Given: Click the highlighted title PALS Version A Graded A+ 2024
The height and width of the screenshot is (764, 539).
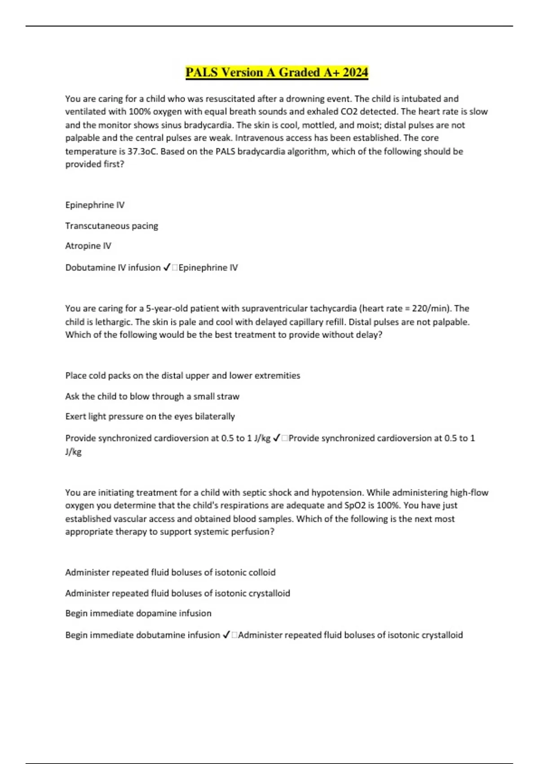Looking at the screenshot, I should click(x=277, y=72).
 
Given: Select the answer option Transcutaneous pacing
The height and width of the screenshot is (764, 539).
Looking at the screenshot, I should click(x=111, y=226).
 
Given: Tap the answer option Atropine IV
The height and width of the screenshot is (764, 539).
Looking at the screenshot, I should click(x=88, y=246).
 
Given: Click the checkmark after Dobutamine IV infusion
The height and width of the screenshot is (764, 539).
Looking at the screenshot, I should click(x=166, y=267).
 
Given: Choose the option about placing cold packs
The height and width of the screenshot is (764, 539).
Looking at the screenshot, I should click(x=182, y=375).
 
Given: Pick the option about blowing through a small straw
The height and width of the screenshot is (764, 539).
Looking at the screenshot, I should click(x=152, y=396).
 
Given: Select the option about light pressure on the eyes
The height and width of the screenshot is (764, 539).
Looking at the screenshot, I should click(x=150, y=416).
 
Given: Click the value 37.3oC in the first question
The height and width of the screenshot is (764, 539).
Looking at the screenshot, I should click(x=142, y=151).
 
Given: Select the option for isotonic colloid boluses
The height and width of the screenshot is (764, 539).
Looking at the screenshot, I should click(x=170, y=572).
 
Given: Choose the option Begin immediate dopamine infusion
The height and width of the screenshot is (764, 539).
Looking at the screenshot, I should click(x=138, y=613).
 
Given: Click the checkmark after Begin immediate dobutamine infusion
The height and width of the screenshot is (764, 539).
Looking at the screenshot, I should click(x=226, y=635).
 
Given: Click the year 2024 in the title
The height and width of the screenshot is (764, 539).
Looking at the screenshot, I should click(x=355, y=72).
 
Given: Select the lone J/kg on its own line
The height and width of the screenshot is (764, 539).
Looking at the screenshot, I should click(x=73, y=452).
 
